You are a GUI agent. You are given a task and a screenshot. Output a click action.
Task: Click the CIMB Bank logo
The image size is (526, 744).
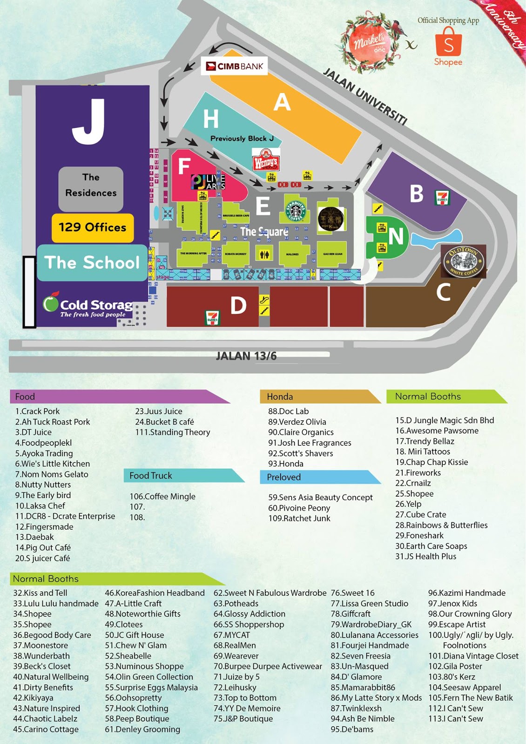coord(235,66)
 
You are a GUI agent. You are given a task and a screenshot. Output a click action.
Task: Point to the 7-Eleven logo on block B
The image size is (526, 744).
coord(442,198)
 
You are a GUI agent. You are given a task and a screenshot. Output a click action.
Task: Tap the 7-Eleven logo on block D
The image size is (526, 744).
coord(212,318)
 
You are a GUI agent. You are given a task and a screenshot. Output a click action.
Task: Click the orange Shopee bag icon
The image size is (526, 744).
coord(448,42)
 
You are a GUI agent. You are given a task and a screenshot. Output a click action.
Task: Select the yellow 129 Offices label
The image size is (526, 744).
coord(92,227)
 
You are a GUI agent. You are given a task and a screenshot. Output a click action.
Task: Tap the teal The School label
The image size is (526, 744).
coord(92,263)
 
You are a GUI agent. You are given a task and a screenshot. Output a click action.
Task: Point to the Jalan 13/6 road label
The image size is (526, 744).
coord(246,356)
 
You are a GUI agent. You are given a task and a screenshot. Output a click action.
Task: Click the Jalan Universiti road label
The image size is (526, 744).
coord(365,97)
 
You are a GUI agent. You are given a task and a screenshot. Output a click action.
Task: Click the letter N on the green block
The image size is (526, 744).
coord(396,237)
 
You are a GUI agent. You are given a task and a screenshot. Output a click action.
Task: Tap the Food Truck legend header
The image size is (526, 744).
coord(151,476)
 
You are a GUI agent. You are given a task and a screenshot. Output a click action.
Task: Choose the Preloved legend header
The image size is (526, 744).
coord(284,477)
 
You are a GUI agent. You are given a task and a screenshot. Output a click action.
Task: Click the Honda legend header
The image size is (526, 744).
coord(280,397)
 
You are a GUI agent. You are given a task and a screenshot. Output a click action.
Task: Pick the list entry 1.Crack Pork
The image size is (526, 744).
coord(37,412)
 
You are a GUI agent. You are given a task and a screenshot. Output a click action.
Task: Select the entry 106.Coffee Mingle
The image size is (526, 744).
coord(162,497)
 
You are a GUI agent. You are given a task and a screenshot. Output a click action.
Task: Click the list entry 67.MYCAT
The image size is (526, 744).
coord(232,635)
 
